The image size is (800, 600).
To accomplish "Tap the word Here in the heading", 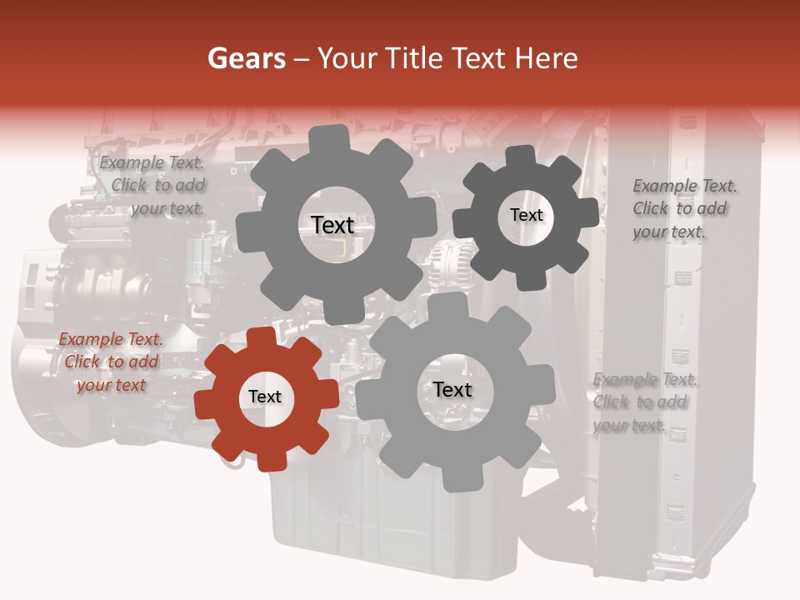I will pyautogui.click(x=546, y=58).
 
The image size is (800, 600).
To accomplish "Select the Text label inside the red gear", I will pyautogui.click(x=265, y=397).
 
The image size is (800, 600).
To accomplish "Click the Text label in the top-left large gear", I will pyautogui.click(x=332, y=225).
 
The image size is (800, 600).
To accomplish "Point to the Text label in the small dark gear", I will pyautogui.click(x=526, y=215).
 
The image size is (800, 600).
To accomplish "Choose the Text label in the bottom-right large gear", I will pyautogui.click(x=452, y=390).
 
